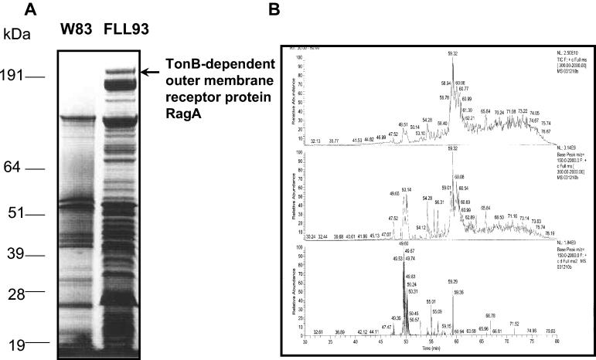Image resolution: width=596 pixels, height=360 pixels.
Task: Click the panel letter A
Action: point(31,11)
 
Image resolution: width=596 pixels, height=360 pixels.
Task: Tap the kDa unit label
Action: point(16,35)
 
